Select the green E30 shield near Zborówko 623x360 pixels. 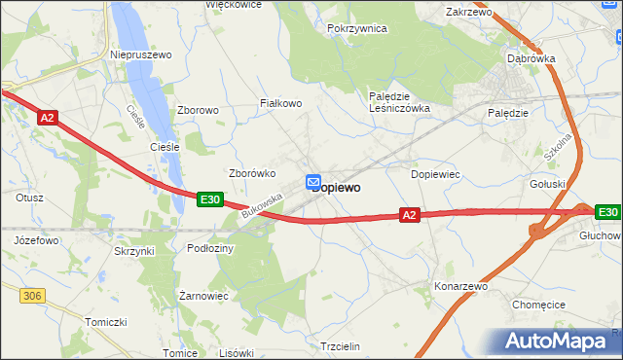tap(209, 199)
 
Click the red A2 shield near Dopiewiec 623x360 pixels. tap(410, 215)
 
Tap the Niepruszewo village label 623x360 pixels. tap(142, 54)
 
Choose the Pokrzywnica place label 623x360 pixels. tap(357, 29)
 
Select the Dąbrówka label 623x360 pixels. tap(531, 58)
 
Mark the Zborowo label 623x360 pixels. tap(198, 110)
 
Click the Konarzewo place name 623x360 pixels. tap(460, 287)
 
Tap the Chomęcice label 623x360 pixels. tap(540, 304)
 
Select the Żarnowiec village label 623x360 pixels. tap(203, 294)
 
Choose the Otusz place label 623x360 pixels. tap(29, 197)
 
